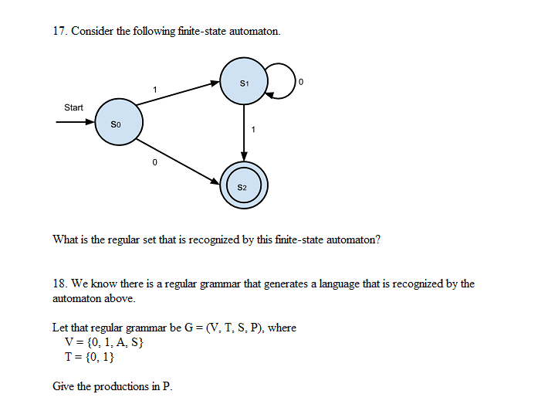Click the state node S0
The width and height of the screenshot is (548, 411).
click(x=117, y=124)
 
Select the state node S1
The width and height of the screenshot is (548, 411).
click(x=244, y=82)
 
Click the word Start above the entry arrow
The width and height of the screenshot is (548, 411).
click(x=73, y=107)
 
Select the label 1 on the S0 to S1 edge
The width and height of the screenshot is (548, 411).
click(x=155, y=90)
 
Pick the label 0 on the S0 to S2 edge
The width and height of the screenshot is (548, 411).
click(x=154, y=162)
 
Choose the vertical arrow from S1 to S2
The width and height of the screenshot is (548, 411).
click(x=244, y=131)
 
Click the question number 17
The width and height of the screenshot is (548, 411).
click(x=59, y=32)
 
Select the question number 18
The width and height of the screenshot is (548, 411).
click(x=59, y=284)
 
